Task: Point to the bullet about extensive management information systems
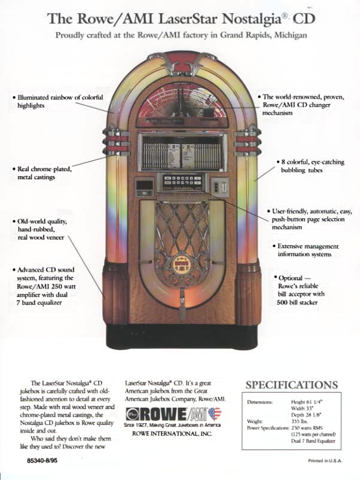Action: pos(307,250)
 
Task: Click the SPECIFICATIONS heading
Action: pos(291,385)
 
